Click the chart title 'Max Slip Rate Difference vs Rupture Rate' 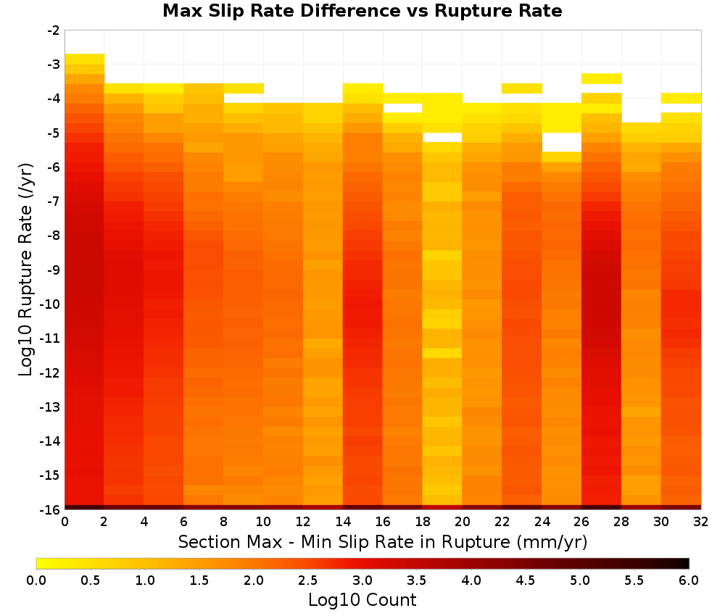point(362,11)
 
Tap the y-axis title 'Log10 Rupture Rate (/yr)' point(25,270)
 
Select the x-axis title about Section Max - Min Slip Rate point(382,541)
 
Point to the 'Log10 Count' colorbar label point(362,600)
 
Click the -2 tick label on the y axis point(54,30)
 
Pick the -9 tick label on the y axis point(54,270)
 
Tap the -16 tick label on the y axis point(51,509)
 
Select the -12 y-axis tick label point(51,372)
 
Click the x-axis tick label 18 point(422,522)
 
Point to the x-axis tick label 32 point(701,522)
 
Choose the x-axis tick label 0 point(65,522)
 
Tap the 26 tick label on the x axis point(581,522)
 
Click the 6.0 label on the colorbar point(689,580)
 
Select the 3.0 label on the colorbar point(362,580)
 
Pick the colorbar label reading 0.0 point(36,580)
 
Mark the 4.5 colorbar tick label point(525,580)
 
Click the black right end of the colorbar point(684,563)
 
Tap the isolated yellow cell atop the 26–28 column point(602,78)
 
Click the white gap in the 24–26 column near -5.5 point(562,142)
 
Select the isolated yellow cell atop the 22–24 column point(522,88)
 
